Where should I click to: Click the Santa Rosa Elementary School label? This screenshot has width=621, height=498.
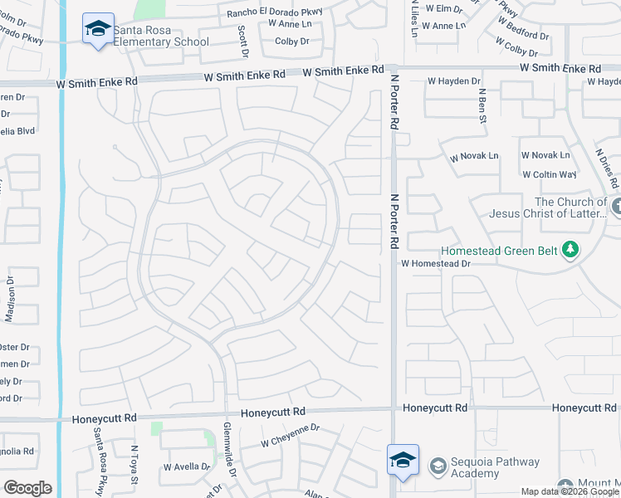(x=161, y=35)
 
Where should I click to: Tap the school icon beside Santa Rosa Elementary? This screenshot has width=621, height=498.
(x=99, y=29)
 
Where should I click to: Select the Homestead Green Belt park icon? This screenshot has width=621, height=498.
(x=570, y=249)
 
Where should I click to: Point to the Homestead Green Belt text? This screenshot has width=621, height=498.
(x=499, y=249)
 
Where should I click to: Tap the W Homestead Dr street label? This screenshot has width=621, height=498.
(x=436, y=263)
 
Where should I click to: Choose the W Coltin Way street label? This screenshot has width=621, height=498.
(x=549, y=174)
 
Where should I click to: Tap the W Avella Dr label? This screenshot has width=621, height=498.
(x=187, y=466)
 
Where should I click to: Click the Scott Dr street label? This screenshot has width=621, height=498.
(x=243, y=41)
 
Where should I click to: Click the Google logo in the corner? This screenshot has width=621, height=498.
(x=27, y=488)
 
